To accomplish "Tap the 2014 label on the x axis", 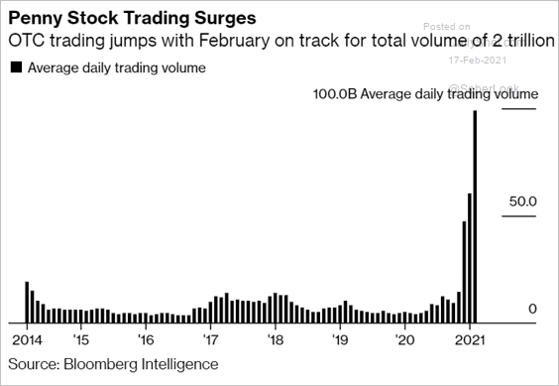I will tap(27, 339).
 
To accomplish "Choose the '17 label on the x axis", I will tap(210, 339).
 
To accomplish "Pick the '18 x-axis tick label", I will tap(276, 339).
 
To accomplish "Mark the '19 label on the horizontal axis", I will tap(340, 339).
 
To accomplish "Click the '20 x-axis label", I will tap(404, 339).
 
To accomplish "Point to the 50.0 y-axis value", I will tap(522, 201).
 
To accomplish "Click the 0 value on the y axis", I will tap(531, 310).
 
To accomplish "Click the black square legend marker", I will tap(15, 67).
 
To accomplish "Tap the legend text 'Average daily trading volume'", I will tap(117, 67).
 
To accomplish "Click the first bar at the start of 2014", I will tap(27, 303).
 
